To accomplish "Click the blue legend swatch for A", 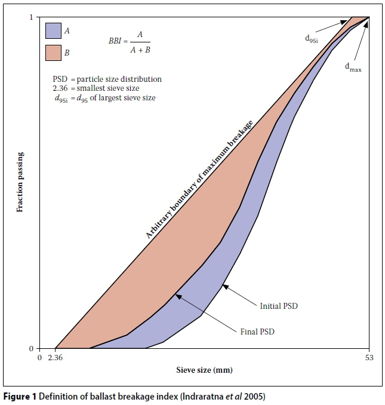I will pyautogui.click(x=53, y=30).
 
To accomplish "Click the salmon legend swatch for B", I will pyautogui.click(x=53, y=53).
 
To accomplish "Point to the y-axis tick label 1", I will pyautogui.click(x=30, y=17).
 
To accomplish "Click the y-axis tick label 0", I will pyautogui.click(x=30, y=348).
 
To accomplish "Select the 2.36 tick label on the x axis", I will pyautogui.click(x=55, y=358).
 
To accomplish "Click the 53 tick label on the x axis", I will pyautogui.click(x=369, y=358).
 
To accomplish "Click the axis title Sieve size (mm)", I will pyautogui.click(x=204, y=370).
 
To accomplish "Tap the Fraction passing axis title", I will pyautogui.click(x=20, y=183).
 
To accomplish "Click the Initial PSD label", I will pyautogui.click(x=278, y=306).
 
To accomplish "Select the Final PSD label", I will pyautogui.click(x=258, y=330).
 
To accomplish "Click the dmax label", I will pyautogui.click(x=353, y=67).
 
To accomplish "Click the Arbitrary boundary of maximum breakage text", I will pyautogui.click(x=200, y=179).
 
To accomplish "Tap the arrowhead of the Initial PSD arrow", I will pyautogui.click(x=224, y=286).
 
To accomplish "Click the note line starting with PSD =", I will pyautogui.click(x=107, y=79).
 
